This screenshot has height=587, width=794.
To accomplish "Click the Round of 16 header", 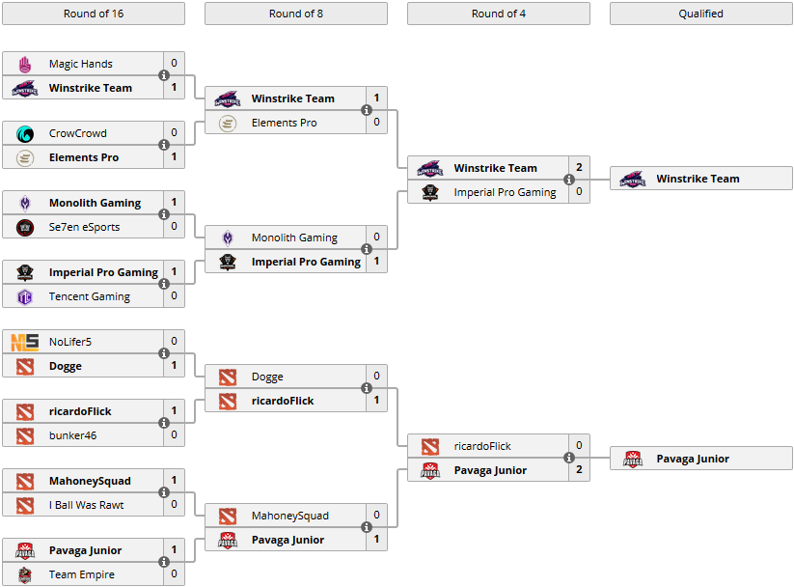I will tap(93, 14).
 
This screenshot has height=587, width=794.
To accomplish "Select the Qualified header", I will tap(700, 14).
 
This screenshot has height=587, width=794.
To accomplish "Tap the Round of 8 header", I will tap(295, 14).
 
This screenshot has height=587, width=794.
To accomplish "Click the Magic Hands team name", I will tap(81, 64).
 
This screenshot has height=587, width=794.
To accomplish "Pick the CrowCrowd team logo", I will tap(25, 133).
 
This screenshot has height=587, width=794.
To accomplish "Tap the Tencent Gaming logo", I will tap(25, 296).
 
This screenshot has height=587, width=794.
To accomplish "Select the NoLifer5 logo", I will tap(25, 342).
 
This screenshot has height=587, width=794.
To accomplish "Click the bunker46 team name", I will tap(74, 435).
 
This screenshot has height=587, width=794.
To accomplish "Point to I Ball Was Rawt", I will tap(86, 505).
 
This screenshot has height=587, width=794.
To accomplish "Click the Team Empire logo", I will tap(25, 574).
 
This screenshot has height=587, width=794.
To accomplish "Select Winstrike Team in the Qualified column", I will tap(698, 179).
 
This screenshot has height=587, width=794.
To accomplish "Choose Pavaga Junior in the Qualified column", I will tap(693, 459).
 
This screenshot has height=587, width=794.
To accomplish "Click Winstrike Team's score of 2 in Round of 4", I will tap(579, 168).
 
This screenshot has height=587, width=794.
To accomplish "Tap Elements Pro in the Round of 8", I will tap(284, 123).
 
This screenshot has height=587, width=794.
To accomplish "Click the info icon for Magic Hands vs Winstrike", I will tap(164, 75).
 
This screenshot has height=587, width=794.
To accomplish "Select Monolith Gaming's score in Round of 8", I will tap(376, 238).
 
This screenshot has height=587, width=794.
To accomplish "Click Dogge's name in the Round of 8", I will tap(267, 377).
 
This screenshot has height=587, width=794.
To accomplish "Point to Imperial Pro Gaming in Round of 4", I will tap(505, 192).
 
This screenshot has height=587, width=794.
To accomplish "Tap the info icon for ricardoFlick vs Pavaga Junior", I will tap(569, 458).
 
